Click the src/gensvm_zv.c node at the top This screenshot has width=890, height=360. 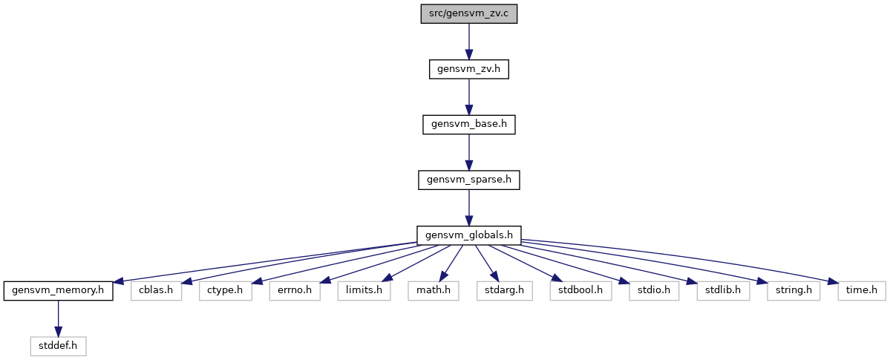tap(469, 13)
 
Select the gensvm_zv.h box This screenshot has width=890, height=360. tap(469, 69)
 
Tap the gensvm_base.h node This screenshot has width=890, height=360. tap(469, 125)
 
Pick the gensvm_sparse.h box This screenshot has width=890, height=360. tap(469, 180)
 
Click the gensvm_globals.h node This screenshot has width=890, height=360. tap(469, 235)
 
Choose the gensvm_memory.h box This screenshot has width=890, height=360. tap(58, 291)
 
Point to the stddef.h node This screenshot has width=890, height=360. tap(58, 346)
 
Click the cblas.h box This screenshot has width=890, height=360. tap(156, 291)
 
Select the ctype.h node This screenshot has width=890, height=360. tap(226, 291)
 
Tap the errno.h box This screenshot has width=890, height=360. tap(295, 291)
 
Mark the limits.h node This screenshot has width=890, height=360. tap(364, 291)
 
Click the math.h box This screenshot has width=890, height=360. tap(433, 291)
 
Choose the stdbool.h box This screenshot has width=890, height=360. tap(580, 291)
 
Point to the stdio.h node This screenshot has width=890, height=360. tap(654, 291)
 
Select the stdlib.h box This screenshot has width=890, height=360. tap(723, 291)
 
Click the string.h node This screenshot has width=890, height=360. tap(794, 291)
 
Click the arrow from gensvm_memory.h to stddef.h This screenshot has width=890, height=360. tap(58, 318)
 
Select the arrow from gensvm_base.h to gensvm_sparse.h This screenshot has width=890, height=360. tap(469, 152)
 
